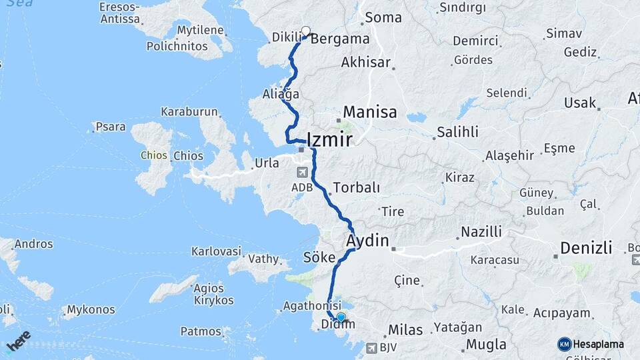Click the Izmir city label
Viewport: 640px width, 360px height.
[329, 140]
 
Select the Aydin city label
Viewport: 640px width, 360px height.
[367, 240]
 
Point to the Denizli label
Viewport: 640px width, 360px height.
[586, 248]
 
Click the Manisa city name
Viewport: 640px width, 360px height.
[370, 112]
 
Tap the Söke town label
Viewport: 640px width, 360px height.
[317, 257]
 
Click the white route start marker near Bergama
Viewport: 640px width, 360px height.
[306, 31]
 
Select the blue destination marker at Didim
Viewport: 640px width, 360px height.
[341, 317]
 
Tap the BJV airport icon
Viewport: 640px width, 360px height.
[371, 347]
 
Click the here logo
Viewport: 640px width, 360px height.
[19, 341]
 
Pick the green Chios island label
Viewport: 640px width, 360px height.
[153, 156]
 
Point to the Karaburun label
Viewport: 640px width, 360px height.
[189, 112]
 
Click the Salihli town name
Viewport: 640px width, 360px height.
[458, 133]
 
